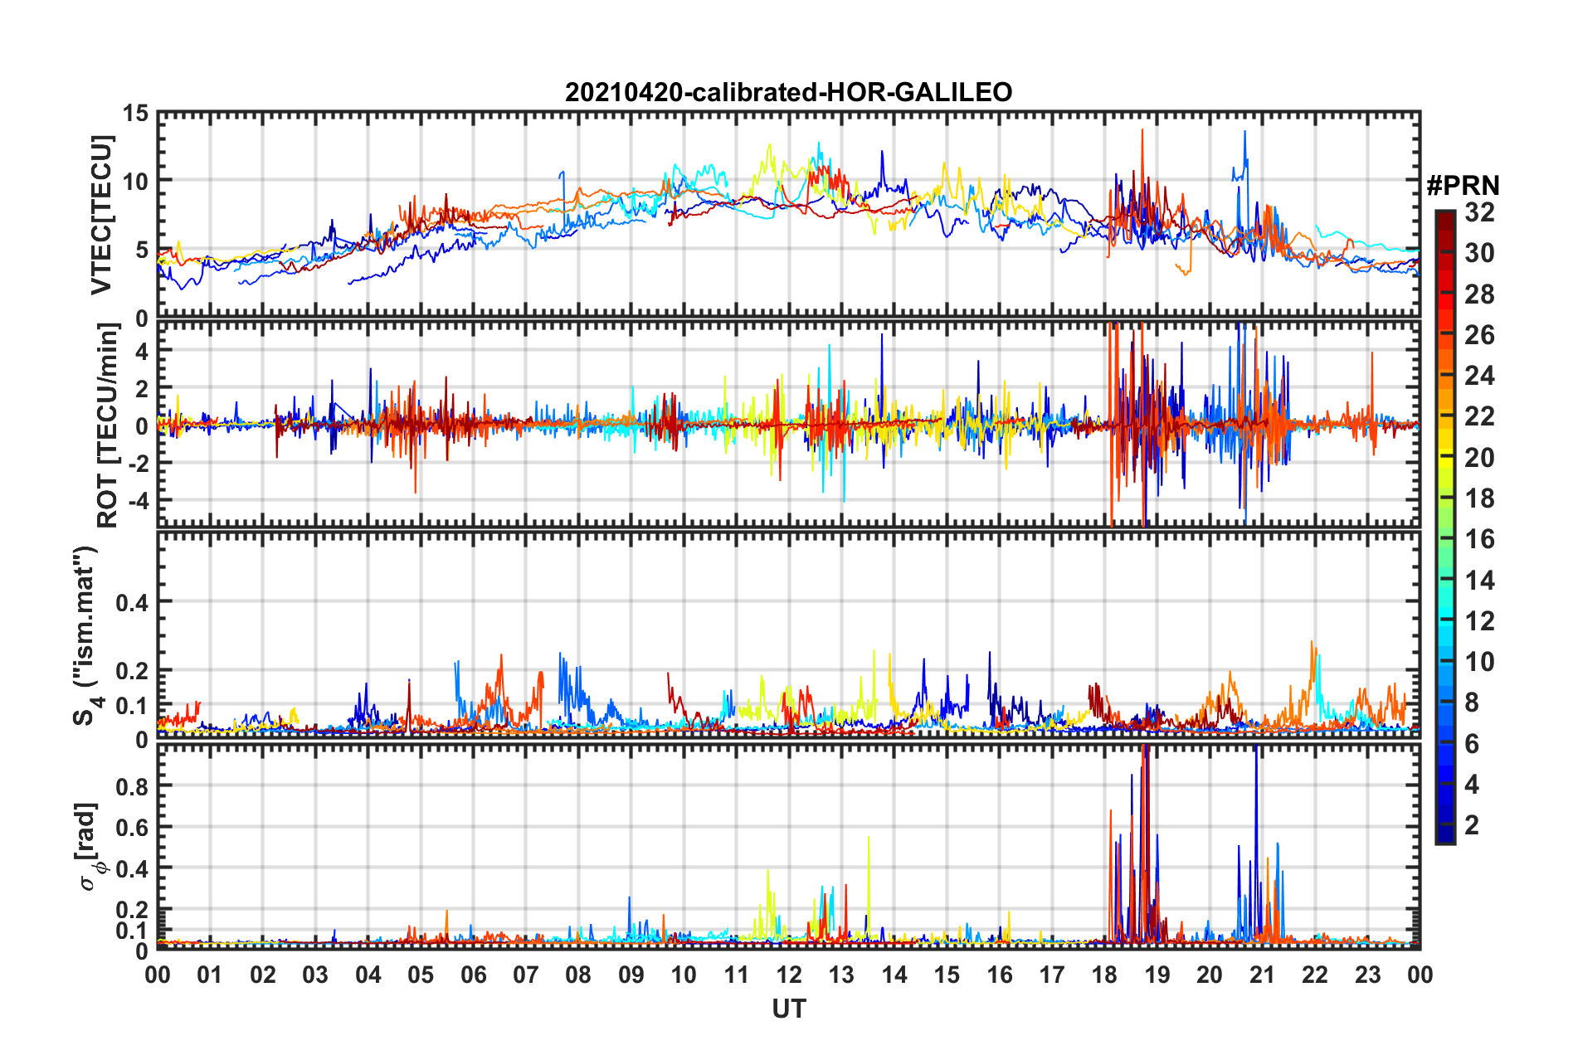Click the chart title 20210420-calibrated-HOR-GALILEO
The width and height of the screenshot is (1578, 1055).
(x=788, y=92)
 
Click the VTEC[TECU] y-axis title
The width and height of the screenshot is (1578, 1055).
(x=101, y=216)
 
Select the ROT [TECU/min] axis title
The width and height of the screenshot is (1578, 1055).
(x=108, y=425)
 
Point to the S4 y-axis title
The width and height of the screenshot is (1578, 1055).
(x=85, y=635)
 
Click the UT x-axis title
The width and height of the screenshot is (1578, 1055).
(x=788, y=1009)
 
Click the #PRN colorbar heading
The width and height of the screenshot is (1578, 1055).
(x=1463, y=186)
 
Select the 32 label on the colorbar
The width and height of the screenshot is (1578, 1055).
(x=1479, y=212)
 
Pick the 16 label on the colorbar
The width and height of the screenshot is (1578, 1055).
(x=1479, y=539)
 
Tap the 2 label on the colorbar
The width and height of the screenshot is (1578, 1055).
(x=1472, y=825)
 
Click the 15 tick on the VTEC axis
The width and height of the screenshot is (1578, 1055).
(x=136, y=114)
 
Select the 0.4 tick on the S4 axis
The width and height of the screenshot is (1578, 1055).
(x=133, y=603)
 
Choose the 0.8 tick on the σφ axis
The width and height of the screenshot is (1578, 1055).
(x=133, y=786)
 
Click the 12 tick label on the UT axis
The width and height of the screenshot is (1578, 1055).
(x=789, y=975)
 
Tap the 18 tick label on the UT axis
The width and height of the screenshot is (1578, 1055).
(x=1104, y=975)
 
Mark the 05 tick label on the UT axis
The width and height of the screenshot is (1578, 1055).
(x=421, y=975)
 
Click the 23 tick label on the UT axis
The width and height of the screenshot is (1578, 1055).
(x=1367, y=975)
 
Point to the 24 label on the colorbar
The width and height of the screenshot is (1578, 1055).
(x=1479, y=376)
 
